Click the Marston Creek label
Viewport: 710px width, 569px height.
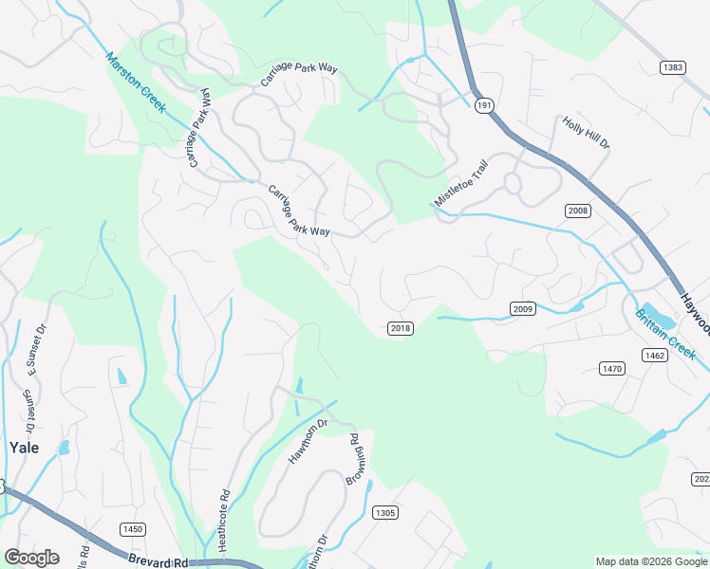click(137, 83)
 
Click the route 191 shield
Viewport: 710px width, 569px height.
click(485, 106)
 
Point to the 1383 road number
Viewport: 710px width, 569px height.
click(674, 66)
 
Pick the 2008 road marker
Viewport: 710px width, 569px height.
click(577, 210)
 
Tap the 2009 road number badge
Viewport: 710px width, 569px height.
click(523, 308)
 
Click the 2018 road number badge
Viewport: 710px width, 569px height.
click(401, 327)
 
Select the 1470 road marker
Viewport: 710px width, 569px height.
click(612, 368)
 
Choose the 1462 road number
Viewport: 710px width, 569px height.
click(655, 356)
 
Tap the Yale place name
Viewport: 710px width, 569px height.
click(24, 448)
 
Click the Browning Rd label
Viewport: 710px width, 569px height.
click(353, 460)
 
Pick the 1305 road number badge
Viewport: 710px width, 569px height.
click(384, 512)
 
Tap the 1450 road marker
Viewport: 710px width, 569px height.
click(132, 528)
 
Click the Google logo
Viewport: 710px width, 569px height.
click(31, 558)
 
